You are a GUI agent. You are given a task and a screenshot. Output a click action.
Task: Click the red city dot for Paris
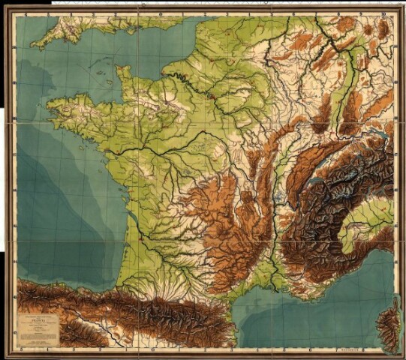click(212, 97)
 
